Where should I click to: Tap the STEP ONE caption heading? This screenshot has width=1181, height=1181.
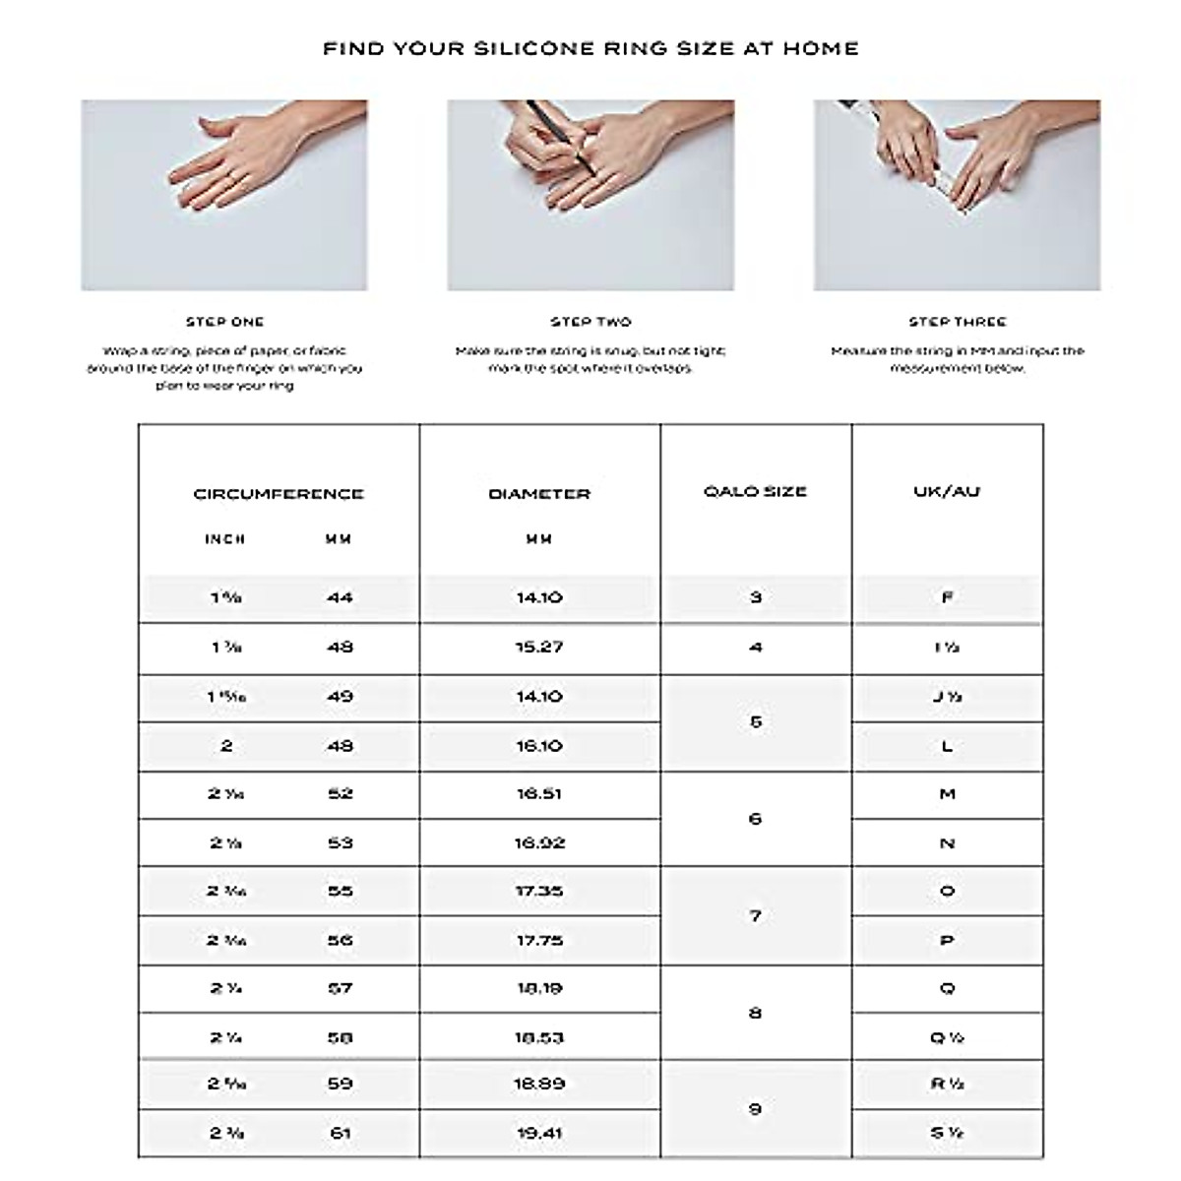[225, 322]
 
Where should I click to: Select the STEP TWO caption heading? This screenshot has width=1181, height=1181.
[590, 322]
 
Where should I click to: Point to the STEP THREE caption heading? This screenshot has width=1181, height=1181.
[957, 322]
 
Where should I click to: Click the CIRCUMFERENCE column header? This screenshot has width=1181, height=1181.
[279, 494]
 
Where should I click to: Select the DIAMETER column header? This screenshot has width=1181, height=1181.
[539, 494]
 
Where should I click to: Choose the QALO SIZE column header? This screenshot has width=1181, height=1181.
[755, 491]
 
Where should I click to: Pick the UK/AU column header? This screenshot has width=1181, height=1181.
[947, 491]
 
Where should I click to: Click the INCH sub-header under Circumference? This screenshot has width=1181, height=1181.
[225, 539]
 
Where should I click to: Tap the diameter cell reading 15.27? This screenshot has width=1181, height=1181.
[539, 648]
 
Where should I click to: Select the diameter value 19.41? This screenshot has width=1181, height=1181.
[539, 1134]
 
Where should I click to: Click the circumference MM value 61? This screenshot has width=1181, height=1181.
[340, 1134]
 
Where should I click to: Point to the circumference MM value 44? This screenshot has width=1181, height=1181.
[340, 597]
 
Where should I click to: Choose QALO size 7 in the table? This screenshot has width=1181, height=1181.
[755, 916]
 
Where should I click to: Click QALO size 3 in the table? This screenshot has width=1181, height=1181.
[755, 597]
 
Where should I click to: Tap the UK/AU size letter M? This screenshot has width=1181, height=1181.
[947, 794]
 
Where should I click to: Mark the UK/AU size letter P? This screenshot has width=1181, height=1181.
[947, 941]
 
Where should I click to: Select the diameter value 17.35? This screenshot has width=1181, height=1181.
[539, 892]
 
